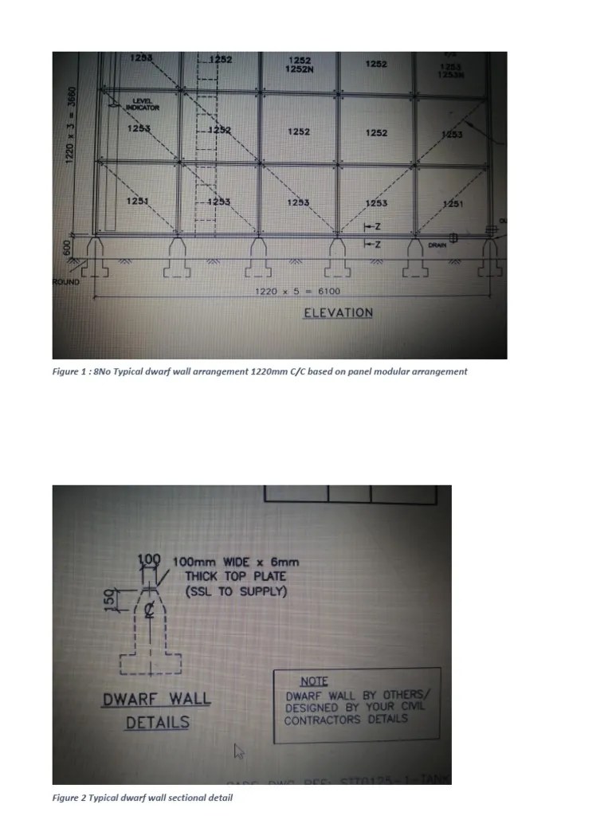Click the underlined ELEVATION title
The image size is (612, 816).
coord(338,313)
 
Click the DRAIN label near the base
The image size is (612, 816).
coord(437,245)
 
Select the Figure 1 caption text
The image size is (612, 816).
coord(260,372)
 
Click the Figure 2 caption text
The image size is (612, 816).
coord(143,798)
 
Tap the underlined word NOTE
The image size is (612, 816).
coord(314,681)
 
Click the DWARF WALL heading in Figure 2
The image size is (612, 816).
coord(156,700)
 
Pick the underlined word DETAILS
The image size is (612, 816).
coord(157,723)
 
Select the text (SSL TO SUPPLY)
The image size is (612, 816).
coord(235,592)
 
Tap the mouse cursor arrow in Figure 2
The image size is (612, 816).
coord(237,750)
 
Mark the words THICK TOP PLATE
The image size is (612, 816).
coord(235,577)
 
